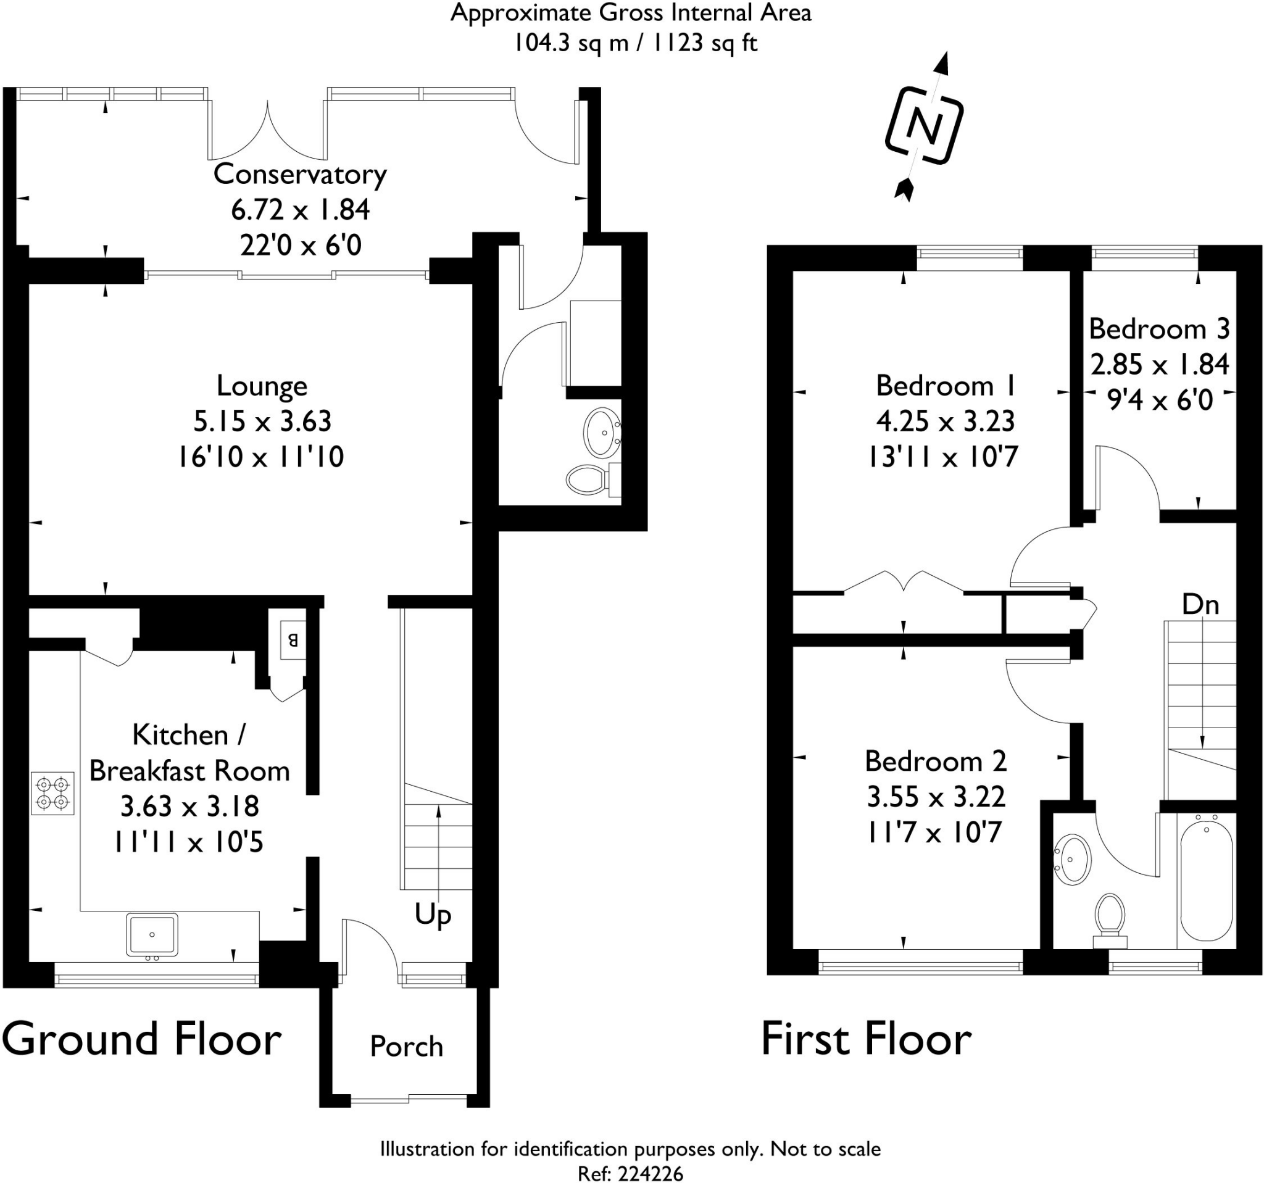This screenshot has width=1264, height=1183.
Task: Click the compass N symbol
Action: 924,127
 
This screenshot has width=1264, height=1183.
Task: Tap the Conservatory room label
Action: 299,174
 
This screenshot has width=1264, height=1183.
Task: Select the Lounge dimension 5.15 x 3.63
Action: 262,421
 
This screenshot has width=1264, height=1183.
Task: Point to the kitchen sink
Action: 152,934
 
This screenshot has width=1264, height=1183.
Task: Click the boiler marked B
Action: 293,640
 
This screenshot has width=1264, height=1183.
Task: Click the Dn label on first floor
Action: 1200,605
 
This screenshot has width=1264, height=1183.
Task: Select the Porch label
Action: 406,1047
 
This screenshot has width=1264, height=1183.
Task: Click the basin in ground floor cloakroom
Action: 601,433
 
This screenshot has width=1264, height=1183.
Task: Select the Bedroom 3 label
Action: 1158,329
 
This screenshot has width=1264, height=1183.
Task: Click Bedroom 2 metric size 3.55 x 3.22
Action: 936,796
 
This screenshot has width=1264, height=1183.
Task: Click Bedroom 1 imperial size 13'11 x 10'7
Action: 943,457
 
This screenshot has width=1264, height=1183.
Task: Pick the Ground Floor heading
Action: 141,1039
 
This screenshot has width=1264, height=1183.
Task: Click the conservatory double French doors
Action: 268,132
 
